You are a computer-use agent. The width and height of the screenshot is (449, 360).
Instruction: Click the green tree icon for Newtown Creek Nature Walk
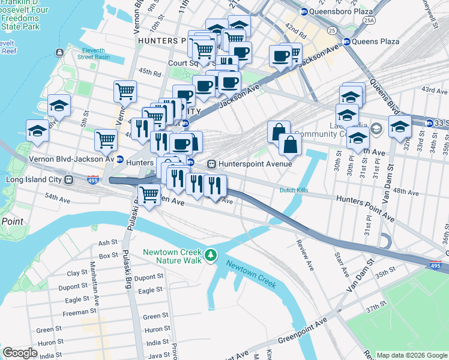(210, 256)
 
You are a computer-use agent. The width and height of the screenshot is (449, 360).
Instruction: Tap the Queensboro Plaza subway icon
(304, 11)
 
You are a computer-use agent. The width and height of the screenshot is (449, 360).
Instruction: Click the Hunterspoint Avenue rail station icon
(211, 164)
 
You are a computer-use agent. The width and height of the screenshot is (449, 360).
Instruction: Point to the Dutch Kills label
(294, 191)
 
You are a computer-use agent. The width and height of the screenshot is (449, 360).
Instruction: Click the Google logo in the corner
(19, 352)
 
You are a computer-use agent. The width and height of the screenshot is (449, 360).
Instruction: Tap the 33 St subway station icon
(429, 123)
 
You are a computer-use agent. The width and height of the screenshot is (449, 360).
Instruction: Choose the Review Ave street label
(304, 255)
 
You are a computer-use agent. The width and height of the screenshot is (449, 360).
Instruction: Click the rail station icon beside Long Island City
(70, 179)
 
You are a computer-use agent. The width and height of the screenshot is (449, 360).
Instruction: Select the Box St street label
(109, 255)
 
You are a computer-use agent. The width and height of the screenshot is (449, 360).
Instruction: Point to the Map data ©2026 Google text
(411, 355)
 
